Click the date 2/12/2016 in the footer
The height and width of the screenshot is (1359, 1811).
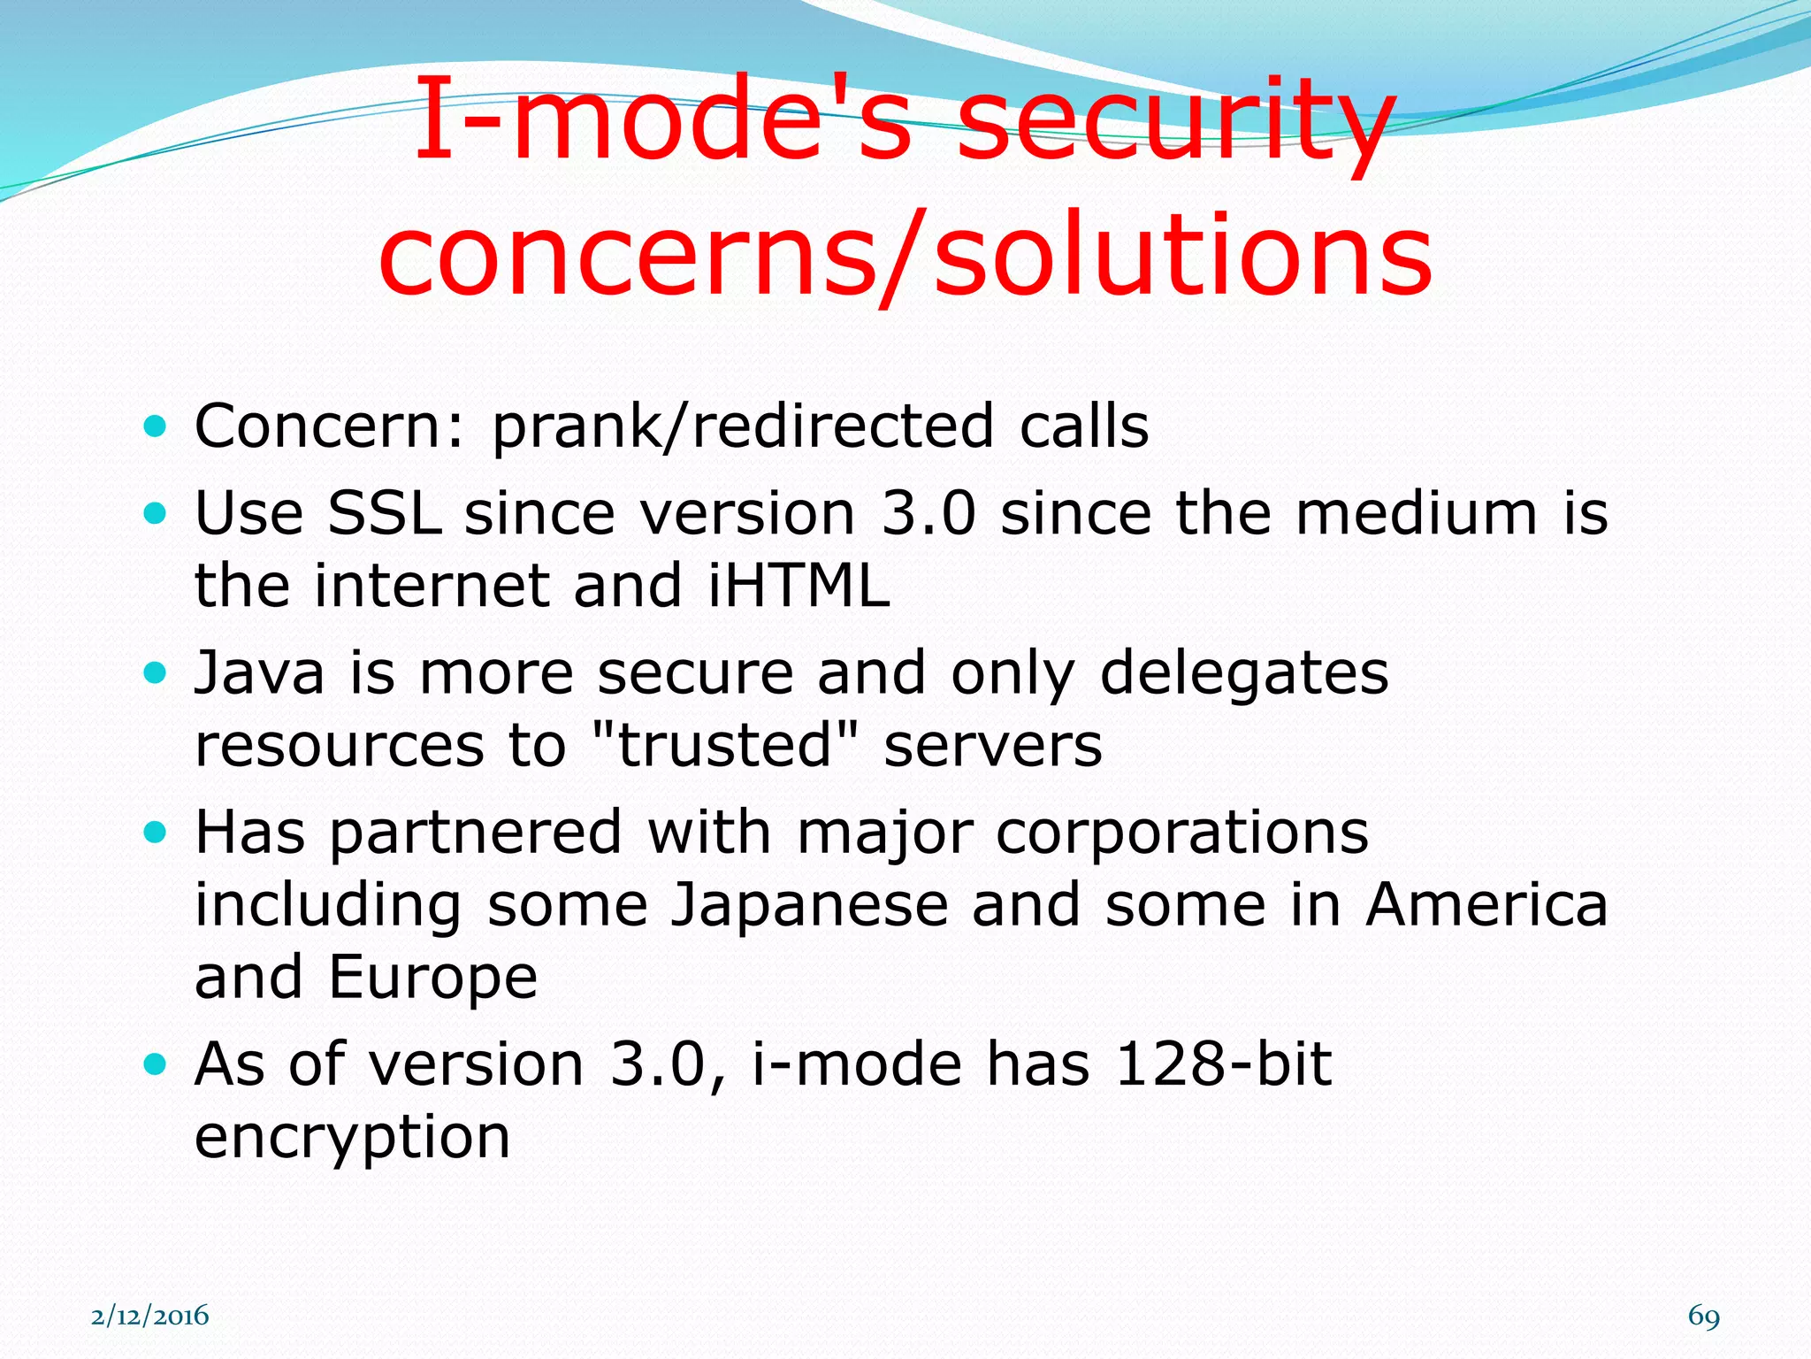tap(150, 1316)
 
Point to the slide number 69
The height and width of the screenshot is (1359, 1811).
tap(1703, 1316)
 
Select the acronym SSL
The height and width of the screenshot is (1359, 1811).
tap(384, 513)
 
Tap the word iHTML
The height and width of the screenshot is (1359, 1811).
tap(799, 586)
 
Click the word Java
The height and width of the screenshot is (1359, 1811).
tap(259, 672)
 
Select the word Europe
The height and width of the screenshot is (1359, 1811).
tap(432, 977)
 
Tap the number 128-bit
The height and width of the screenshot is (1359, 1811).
tap(1223, 1063)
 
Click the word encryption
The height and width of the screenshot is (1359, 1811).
tap(352, 1138)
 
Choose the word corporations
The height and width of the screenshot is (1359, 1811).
tap(1182, 833)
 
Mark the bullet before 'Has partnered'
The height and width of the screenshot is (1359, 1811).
tap(155, 833)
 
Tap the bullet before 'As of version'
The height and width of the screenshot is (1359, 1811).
tap(155, 1064)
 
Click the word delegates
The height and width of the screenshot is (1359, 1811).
tap(1244, 672)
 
